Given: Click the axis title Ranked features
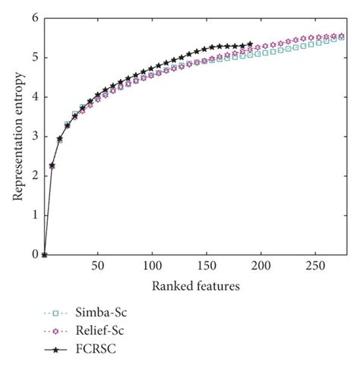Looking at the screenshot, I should click(x=194, y=286).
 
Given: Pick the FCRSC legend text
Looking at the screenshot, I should click(x=96, y=350).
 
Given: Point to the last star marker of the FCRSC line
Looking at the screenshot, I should click(x=251, y=44).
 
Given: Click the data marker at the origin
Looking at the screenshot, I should click(x=44, y=255).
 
